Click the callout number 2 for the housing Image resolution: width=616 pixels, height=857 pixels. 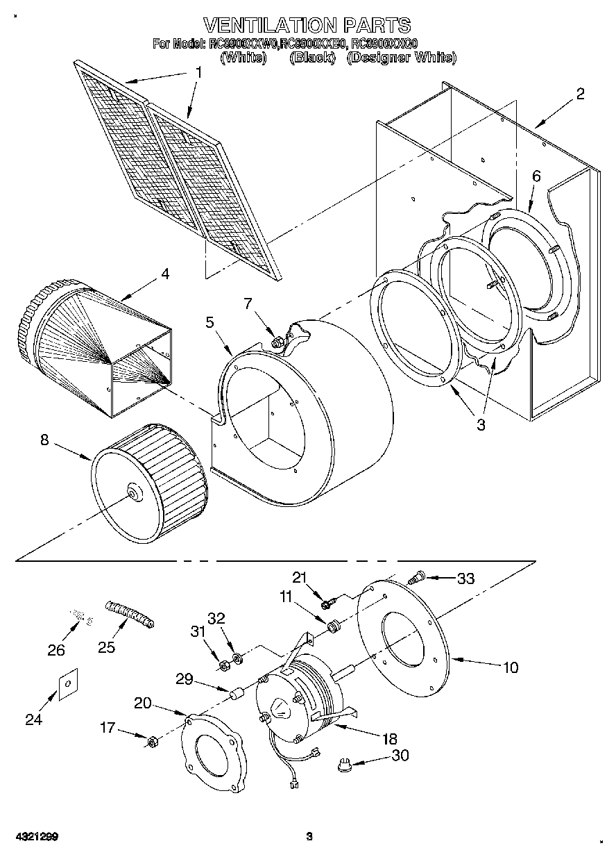[580, 94]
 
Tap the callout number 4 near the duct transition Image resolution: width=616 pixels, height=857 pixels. [164, 274]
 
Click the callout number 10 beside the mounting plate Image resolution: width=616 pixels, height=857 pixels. [510, 667]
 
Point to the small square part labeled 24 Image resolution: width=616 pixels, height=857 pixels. [67, 685]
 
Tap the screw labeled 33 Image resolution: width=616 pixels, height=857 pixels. [418, 576]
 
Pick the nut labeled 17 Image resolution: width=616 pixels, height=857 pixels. [151, 742]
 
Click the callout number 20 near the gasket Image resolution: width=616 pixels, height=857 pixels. [142, 703]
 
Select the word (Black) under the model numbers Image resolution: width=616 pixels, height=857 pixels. [311, 58]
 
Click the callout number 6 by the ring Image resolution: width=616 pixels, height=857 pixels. [536, 176]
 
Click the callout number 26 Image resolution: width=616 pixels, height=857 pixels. [55, 650]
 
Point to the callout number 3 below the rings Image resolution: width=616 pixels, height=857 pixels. [480, 424]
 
